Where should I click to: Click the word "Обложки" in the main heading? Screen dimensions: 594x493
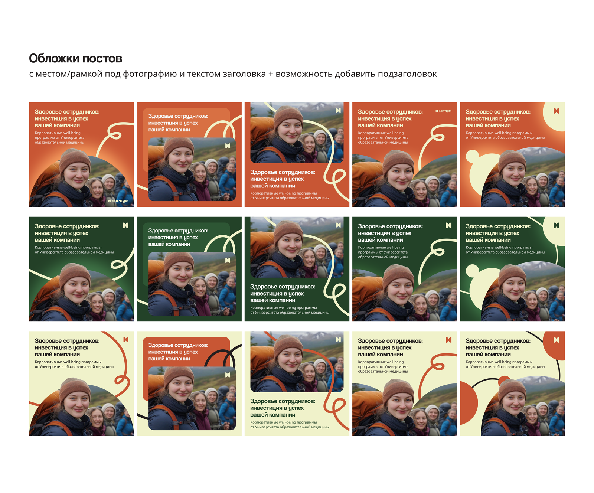click(54, 59)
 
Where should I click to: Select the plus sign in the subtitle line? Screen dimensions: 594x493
click(271, 74)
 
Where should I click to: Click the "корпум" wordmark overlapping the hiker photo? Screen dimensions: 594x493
click(118, 201)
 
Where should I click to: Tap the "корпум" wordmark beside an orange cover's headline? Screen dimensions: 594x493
click(443, 111)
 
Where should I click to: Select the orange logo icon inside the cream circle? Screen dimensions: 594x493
click(556, 111)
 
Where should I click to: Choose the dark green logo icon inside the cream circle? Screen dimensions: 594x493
click(556, 225)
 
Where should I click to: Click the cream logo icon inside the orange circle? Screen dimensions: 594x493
click(556, 340)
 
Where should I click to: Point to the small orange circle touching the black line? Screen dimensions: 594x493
click(504, 381)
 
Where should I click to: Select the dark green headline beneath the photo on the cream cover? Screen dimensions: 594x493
click(282, 408)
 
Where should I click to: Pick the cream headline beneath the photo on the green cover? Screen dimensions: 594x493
click(282, 293)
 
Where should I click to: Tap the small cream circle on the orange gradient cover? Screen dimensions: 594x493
click(473, 156)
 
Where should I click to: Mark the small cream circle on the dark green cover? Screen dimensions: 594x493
click(473, 271)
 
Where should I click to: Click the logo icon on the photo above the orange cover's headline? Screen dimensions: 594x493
click(338, 111)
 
